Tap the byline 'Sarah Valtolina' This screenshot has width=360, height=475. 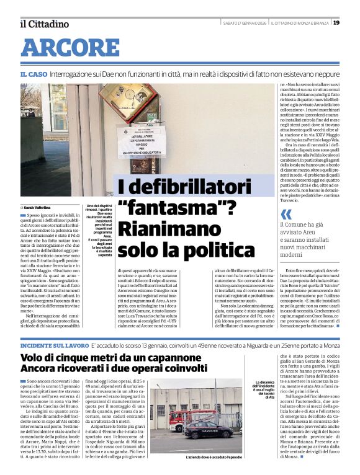click(x=38, y=207)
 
